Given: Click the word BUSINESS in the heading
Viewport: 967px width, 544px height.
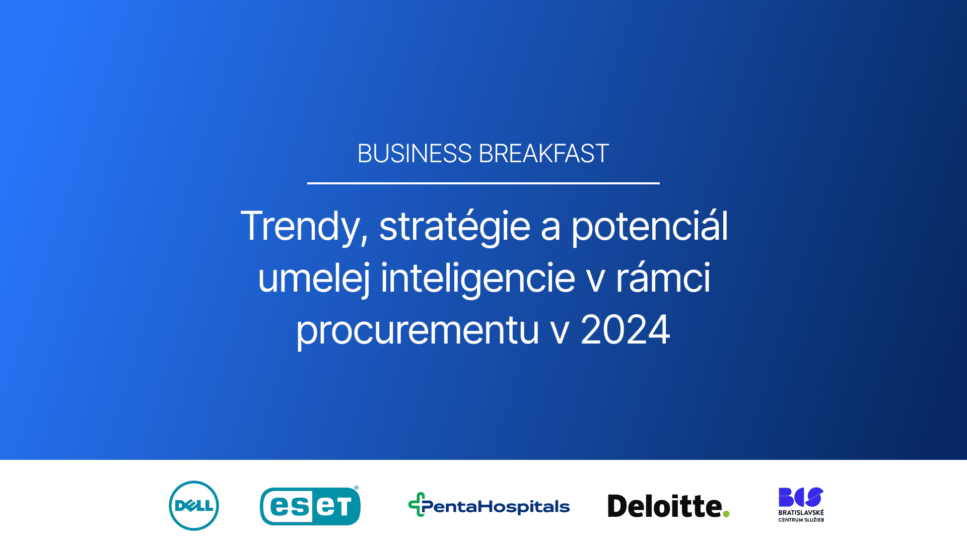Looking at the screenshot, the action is (x=415, y=154).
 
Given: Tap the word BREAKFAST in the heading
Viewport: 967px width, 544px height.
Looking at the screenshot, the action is (x=544, y=154).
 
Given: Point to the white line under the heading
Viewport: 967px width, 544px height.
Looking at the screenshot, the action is (x=483, y=183).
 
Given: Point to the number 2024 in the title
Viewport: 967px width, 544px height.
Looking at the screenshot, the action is (x=625, y=330).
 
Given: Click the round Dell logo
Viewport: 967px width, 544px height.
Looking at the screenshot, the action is (x=194, y=506).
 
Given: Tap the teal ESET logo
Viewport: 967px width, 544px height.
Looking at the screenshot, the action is (x=310, y=506).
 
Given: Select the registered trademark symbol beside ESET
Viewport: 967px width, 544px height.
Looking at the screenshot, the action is (x=357, y=488).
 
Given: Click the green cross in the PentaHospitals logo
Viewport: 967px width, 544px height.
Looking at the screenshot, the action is (x=417, y=504).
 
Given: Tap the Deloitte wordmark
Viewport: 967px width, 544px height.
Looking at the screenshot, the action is (x=665, y=506).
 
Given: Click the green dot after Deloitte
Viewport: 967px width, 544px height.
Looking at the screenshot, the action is (x=726, y=514).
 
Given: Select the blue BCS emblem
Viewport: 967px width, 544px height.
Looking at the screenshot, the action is (x=801, y=497).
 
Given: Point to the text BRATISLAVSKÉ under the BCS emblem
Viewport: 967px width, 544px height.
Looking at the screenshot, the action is (x=801, y=513).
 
